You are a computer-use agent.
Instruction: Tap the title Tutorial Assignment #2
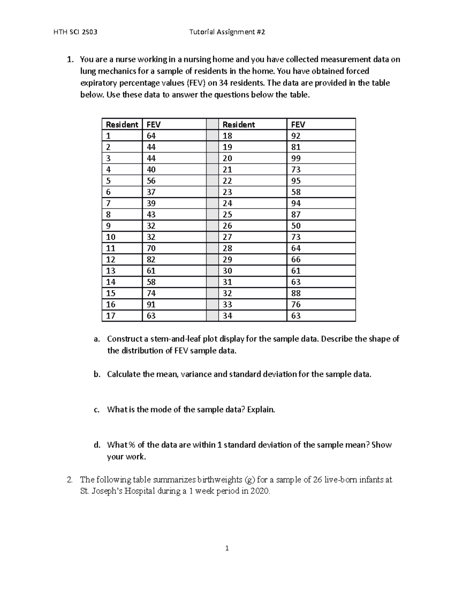point(227,32)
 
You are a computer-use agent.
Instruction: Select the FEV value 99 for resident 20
point(296,159)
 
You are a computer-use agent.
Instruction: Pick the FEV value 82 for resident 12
point(151,260)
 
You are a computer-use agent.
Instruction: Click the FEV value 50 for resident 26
point(296,226)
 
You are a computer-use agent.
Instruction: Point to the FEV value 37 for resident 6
point(151,192)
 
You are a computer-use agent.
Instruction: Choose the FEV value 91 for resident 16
point(151,305)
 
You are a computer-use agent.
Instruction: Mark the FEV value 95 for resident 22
point(296,181)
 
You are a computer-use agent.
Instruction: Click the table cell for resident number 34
point(227,316)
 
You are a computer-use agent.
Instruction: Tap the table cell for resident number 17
point(110,316)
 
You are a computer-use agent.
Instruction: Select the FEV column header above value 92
point(298,125)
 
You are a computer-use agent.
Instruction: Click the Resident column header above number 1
point(122,125)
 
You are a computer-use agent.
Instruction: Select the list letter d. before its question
point(97,445)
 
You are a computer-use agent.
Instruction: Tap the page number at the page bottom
point(227,548)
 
